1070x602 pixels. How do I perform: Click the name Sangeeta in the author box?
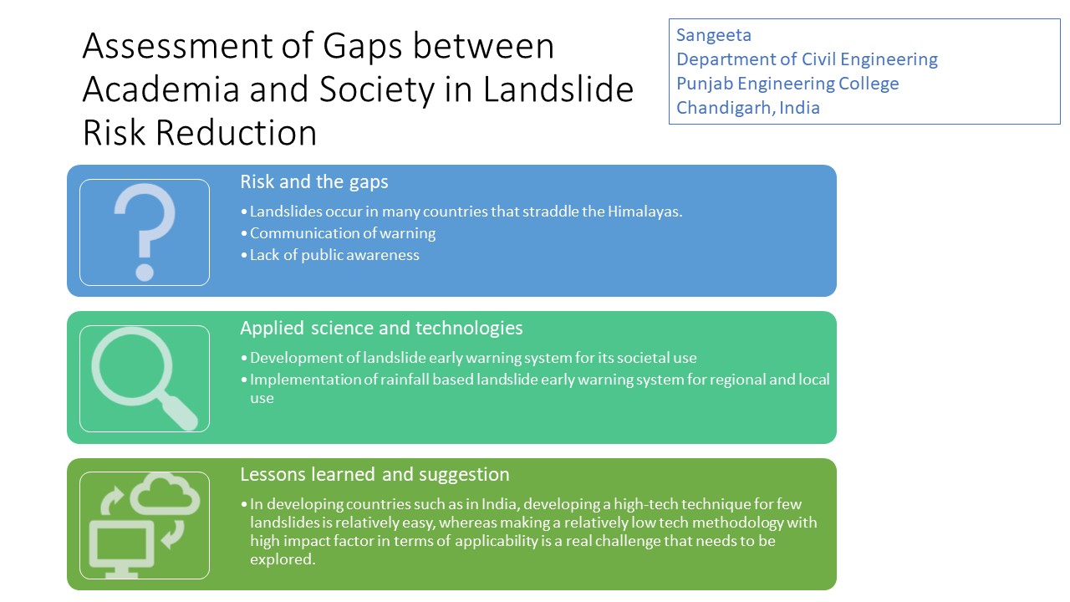pyautogui.click(x=714, y=35)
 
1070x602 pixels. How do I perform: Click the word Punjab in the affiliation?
pyautogui.click(x=705, y=84)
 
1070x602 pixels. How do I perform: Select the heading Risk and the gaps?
pyautogui.click(x=313, y=182)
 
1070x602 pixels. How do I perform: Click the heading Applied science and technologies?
pyautogui.click(x=381, y=329)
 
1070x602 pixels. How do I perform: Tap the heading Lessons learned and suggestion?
pyautogui.click(x=374, y=474)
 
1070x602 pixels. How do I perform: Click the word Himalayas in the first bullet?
pyautogui.click(x=645, y=212)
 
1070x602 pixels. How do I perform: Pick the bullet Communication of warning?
pyautogui.click(x=343, y=233)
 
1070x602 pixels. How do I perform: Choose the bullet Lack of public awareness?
pyautogui.click(x=334, y=255)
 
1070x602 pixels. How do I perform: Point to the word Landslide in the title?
pyautogui.click(x=558, y=89)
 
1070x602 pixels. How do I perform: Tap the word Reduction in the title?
pyautogui.click(x=236, y=133)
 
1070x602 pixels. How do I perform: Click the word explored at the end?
pyautogui.click(x=283, y=559)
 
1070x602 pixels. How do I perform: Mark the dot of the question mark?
pyautogui.click(x=145, y=273)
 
